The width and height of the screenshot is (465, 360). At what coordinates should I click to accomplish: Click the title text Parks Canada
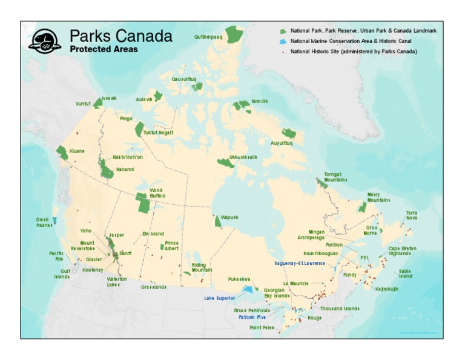[120, 36]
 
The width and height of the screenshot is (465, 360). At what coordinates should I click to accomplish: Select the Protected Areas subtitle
[104, 49]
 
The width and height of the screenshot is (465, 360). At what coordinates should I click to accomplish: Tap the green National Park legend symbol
[282, 30]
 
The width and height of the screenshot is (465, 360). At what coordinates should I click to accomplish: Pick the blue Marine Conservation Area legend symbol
[282, 41]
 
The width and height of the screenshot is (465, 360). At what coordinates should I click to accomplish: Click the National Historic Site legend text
[354, 52]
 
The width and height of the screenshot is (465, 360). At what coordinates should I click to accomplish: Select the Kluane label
[77, 151]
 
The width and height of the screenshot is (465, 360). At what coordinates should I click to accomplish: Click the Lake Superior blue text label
[219, 298]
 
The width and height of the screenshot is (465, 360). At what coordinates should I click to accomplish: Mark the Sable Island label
[405, 273]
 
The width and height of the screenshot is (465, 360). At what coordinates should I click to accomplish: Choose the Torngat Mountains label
[335, 176]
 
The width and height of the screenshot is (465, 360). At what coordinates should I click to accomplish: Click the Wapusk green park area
[218, 222]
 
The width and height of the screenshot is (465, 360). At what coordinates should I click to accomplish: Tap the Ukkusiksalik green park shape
[226, 163]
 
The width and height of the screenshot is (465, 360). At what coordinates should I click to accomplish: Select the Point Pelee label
[262, 328]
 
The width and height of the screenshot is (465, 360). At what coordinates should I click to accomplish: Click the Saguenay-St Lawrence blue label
[299, 263]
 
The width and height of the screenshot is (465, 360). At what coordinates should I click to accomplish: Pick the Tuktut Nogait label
[158, 132]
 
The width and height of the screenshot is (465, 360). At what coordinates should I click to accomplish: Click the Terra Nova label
[412, 215]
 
